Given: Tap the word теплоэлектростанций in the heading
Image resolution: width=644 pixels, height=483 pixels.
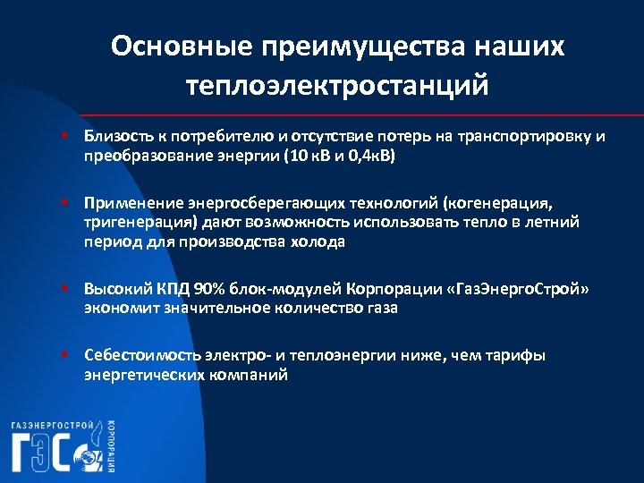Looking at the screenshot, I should [338, 87].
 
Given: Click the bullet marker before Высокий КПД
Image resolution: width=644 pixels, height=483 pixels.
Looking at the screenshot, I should [66, 290].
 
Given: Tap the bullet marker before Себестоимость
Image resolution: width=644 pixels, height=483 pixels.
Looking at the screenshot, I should [66, 356].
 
